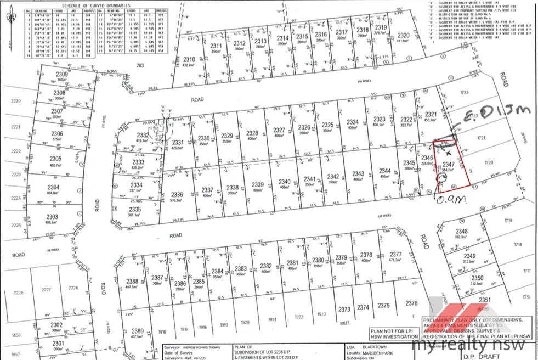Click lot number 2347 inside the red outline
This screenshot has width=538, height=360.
click(x=448, y=164)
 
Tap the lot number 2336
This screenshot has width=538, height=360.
click(x=177, y=194)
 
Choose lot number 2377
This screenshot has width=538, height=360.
click(x=395, y=254)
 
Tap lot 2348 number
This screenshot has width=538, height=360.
click(x=462, y=232)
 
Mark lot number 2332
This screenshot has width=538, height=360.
click(x=143, y=135)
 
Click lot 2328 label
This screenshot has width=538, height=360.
click(x=252, y=133)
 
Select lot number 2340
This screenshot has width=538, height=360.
click(x=284, y=182)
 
